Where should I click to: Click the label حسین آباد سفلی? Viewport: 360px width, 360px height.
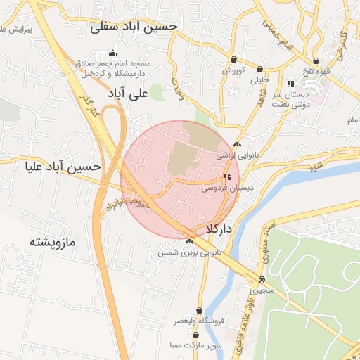(134, 27)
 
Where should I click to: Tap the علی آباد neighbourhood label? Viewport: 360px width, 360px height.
(128, 92)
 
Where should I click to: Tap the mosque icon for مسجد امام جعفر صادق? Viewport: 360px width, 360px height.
(112, 53)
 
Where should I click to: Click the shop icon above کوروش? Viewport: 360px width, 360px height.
(233, 60)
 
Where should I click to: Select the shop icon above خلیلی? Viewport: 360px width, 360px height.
(261, 70)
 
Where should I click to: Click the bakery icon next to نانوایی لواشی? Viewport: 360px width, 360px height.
(237, 144)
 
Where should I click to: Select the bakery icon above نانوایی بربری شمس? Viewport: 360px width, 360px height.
(189, 241)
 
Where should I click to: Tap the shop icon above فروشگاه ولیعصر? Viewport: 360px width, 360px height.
(200, 310)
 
